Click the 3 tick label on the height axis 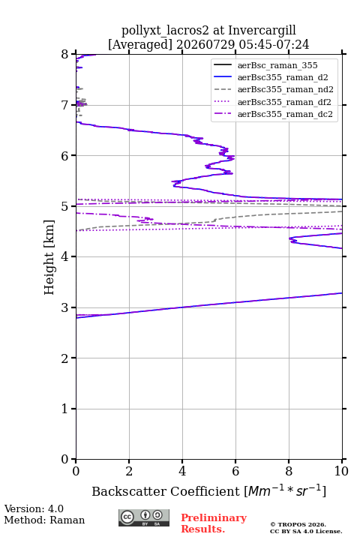click(x=64, y=307)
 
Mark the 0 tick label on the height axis click(x=64, y=459)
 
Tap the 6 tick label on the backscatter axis click(x=235, y=471)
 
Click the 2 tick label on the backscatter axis click(x=129, y=471)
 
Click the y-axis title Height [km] click(x=49, y=257)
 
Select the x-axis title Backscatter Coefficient click(x=166, y=491)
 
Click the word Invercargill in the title click(x=262, y=30)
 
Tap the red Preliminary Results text click(x=214, y=523)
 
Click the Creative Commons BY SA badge click(x=144, y=517)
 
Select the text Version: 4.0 click(x=34, y=508)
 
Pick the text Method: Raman click(x=44, y=520)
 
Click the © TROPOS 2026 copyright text click(x=298, y=524)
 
